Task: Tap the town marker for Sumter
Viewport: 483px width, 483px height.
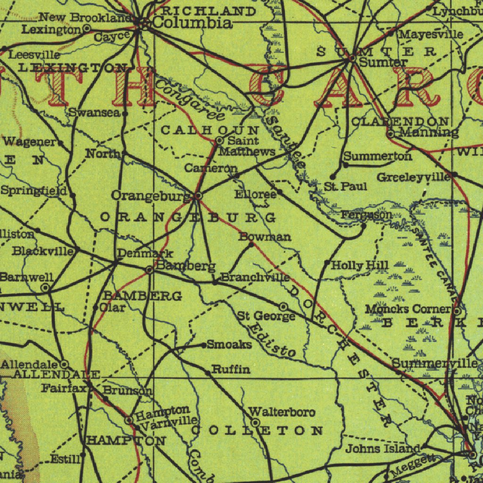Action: click(351, 59)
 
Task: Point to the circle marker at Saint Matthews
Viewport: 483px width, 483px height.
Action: click(219, 140)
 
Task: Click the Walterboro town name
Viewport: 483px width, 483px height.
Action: click(282, 412)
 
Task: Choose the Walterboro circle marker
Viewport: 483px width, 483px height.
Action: click(255, 422)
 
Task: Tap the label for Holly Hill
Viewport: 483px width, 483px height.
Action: click(360, 266)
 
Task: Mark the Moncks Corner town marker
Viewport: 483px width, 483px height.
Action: click(457, 311)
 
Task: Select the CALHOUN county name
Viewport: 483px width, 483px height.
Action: click(210, 130)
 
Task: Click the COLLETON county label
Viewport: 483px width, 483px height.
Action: click(257, 430)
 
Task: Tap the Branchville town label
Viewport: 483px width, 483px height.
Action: click(255, 277)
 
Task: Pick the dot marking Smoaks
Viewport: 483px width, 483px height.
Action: click(204, 345)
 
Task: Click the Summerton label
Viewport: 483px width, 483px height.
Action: click(377, 156)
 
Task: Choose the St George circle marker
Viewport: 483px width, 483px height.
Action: click(283, 307)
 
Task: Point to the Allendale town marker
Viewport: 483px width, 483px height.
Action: click(64, 364)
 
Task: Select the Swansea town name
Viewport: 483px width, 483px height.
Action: click(95, 112)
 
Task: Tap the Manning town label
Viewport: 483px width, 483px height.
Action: click(429, 132)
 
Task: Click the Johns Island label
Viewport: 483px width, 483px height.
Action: click(383, 448)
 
